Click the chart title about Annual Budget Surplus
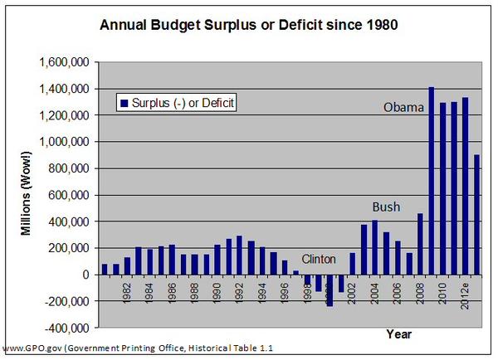[249, 25]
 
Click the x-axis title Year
[398, 333]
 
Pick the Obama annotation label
[403, 108]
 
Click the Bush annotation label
[386, 207]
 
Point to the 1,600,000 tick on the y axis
[66, 62]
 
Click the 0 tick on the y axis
[88, 275]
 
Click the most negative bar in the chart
[330, 290]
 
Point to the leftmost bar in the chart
[105, 269]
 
